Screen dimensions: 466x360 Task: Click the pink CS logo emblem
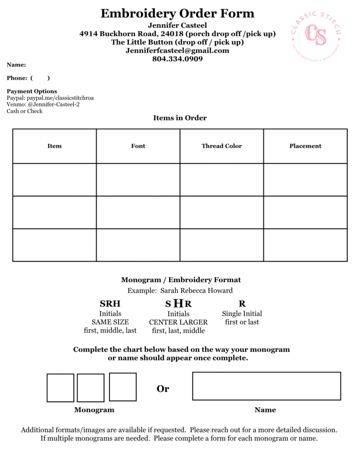[x=315, y=35]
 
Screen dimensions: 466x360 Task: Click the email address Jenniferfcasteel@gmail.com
[x=177, y=51]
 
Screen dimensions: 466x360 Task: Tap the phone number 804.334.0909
[x=177, y=59]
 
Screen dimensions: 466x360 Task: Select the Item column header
[x=55, y=146]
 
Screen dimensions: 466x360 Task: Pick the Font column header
[x=138, y=146]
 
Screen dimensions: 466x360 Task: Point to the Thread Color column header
[x=222, y=146]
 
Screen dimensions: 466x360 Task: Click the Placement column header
[x=305, y=146]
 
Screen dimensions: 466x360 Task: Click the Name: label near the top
[x=16, y=65]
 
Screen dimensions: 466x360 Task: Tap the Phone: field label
[x=17, y=78]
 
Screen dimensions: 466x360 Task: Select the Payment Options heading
[x=32, y=91]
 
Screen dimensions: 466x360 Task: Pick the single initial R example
[x=242, y=304]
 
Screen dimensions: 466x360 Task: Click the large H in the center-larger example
[x=179, y=303]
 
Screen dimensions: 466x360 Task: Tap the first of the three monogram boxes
[x=61, y=388]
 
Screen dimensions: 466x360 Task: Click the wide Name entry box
[x=266, y=386]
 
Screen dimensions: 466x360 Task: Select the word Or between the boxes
[x=163, y=389]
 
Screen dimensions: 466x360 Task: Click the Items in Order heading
[x=180, y=118]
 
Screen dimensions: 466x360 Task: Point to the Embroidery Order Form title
[x=177, y=13]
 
